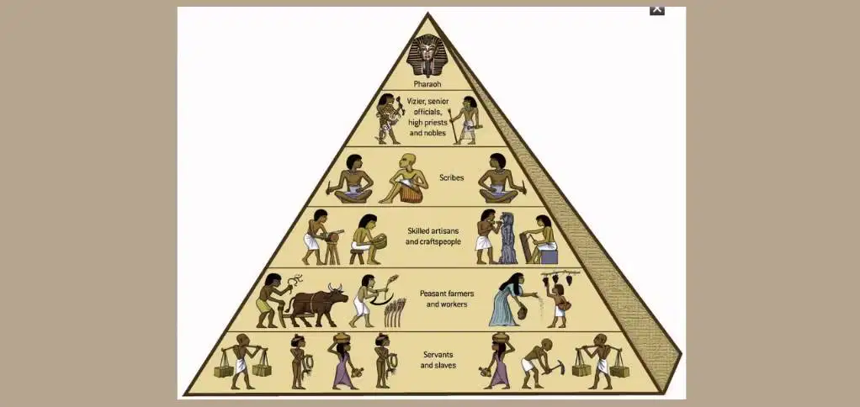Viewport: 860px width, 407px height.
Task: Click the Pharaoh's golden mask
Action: tap(427, 55)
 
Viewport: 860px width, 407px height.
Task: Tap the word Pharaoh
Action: tap(427, 85)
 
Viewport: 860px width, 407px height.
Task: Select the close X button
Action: tap(657, 9)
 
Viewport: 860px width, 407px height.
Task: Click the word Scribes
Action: tap(451, 177)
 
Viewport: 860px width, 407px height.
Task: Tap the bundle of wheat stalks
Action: tap(395, 312)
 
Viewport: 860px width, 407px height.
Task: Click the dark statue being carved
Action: tap(508, 237)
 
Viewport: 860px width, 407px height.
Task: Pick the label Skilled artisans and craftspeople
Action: tap(433, 235)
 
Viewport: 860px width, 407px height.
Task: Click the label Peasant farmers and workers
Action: tap(447, 299)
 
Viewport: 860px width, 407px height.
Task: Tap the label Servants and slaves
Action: tap(438, 360)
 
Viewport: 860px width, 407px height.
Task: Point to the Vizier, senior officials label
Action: tap(427, 116)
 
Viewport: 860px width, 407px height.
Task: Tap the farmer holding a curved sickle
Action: tap(369, 300)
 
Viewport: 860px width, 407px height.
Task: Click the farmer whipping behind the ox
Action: tap(273, 300)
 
